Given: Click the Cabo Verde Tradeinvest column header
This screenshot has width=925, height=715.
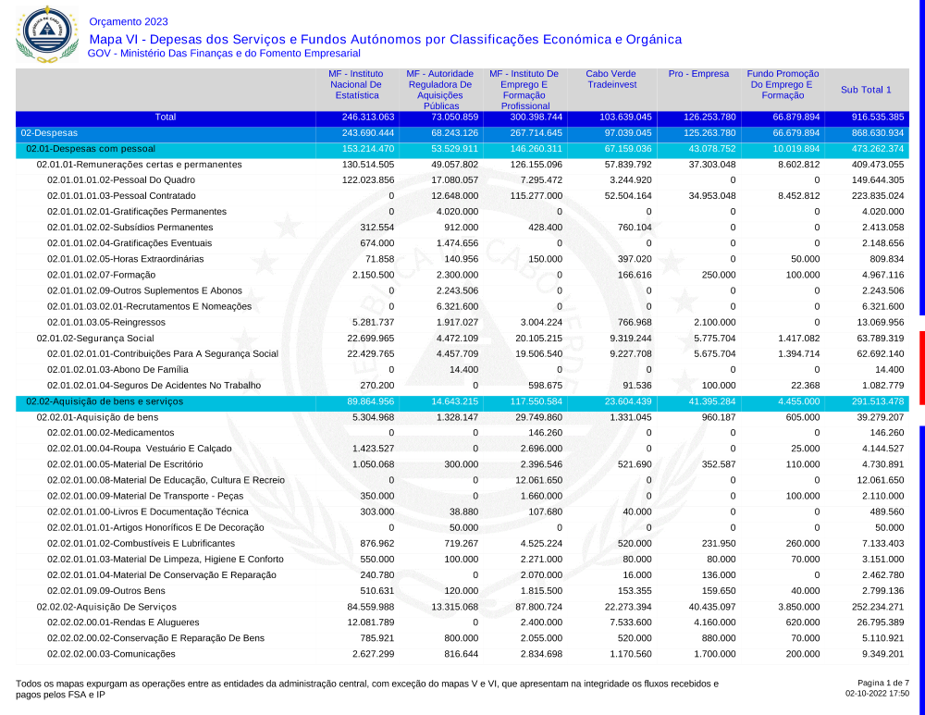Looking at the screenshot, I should (611, 80).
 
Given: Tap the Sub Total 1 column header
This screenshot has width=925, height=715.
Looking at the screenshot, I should (866, 90).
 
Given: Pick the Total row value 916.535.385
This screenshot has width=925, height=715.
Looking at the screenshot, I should (878, 117).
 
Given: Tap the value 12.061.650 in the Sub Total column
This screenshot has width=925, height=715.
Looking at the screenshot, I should (879, 480).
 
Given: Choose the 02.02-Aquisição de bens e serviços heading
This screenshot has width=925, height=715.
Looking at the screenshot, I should (105, 401).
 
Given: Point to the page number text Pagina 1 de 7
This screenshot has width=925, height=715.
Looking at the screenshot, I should (883, 683).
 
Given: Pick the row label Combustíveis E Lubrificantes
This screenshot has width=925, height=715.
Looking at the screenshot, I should (142, 543).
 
